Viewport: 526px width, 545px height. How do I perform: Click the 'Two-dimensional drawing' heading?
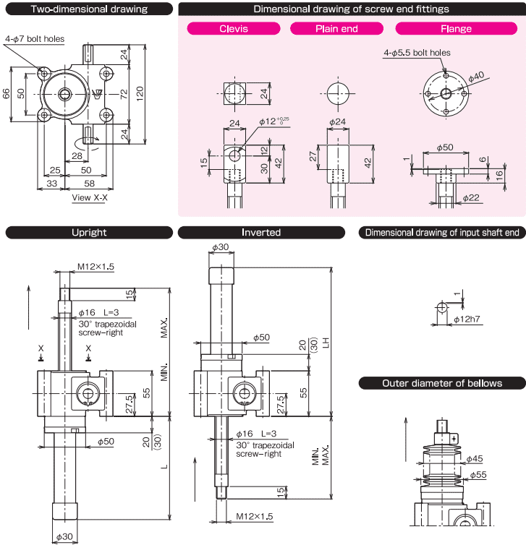pyautogui.click(x=90, y=9)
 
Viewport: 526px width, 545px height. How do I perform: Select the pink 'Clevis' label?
pyautogui.click(x=233, y=29)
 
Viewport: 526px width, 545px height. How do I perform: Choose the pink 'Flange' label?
pyautogui.click(x=456, y=29)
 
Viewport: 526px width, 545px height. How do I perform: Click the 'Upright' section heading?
pyautogui.click(x=90, y=233)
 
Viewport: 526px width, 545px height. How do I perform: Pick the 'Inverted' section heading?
pyautogui.click(x=261, y=233)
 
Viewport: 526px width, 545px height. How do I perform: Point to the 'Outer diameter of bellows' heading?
pyautogui.click(x=442, y=383)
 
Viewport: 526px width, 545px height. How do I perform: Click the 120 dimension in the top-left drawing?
pyautogui.click(x=147, y=93)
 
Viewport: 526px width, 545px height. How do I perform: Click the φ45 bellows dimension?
pyautogui.click(x=474, y=458)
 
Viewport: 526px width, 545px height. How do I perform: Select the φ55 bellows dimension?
pyautogui.click(x=478, y=475)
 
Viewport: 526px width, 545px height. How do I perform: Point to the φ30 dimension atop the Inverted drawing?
pyautogui.click(x=220, y=247)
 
